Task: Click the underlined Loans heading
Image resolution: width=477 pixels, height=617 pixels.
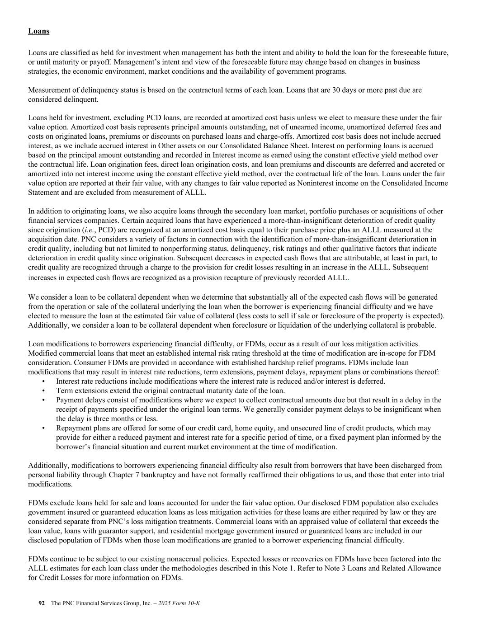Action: click(x=38, y=31)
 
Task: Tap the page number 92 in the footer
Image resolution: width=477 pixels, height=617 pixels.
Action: click(x=42, y=603)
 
